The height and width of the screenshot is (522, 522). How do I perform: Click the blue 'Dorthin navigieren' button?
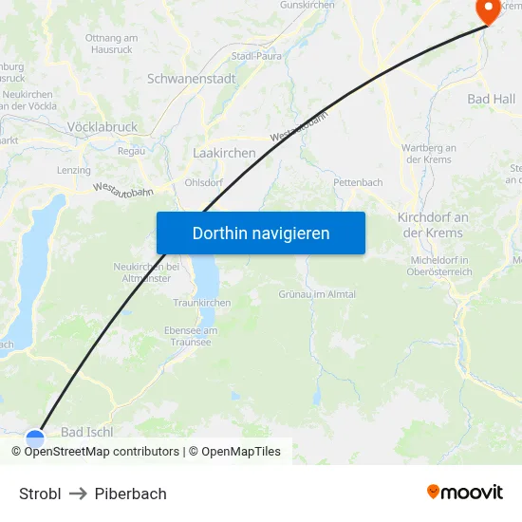point(261,233)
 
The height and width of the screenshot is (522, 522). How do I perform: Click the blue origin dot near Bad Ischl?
point(35,438)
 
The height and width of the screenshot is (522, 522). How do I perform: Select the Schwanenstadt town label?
point(192,79)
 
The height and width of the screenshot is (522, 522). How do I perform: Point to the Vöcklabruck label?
point(103,126)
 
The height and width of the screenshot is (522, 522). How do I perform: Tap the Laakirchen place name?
point(224,152)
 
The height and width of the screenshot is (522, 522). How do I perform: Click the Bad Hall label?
point(492,99)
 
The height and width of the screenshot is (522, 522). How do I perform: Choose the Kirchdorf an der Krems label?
point(433,225)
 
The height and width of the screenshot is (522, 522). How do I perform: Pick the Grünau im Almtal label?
point(317,294)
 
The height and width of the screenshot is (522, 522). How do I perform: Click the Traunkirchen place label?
point(202,303)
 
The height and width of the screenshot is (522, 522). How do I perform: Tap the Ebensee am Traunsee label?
point(192,336)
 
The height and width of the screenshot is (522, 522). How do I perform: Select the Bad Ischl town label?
point(86,432)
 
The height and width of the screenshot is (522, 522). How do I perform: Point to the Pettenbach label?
point(358,182)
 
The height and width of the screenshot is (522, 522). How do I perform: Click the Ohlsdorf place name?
point(204,182)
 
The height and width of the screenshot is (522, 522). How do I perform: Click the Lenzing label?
point(74,171)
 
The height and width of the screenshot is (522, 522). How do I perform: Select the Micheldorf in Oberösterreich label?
point(441,266)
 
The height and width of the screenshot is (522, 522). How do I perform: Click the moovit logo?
point(465,492)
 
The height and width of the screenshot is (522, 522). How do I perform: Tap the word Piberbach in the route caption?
point(131,494)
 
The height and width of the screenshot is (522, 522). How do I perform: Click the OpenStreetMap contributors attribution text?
point(102,452)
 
